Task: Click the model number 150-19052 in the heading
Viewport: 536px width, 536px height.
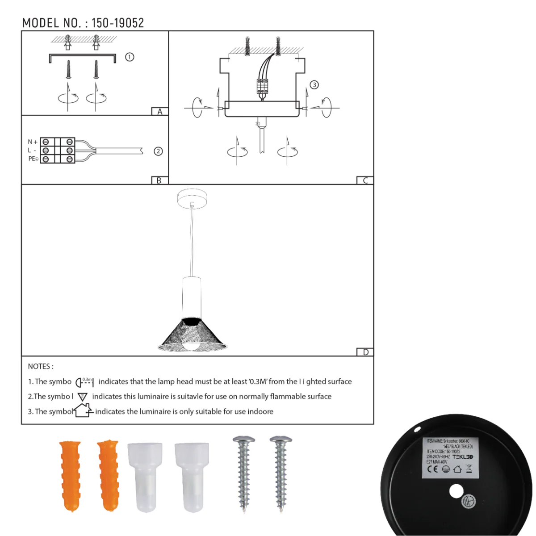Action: (x=117, y=23)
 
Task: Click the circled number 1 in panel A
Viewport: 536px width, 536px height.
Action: (x=130, y=57)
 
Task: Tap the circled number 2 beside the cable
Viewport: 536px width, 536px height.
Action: (x=158, y=151)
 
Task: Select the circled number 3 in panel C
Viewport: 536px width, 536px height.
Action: (x=314, y=85)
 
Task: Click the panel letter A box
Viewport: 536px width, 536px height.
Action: (x=159, y=112)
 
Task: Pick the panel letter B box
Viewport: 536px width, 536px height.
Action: (x=159, y=180)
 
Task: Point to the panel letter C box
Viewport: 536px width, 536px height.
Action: (x=365, y=180)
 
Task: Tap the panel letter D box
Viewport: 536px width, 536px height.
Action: (x=365, y=352)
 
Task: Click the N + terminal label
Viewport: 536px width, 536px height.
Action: (x=33, y=142)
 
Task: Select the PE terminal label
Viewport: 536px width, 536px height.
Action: (x=33, y=159)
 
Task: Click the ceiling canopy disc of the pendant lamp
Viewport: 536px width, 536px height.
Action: (x=192, y=198)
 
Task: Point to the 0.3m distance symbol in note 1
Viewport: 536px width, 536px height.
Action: (x=84, y=382)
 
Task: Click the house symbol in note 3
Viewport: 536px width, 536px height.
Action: (x=83, y=410)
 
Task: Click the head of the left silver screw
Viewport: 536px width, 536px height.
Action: (x=243, y=440)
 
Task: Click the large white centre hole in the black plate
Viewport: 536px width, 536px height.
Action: (x=456, y=492)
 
